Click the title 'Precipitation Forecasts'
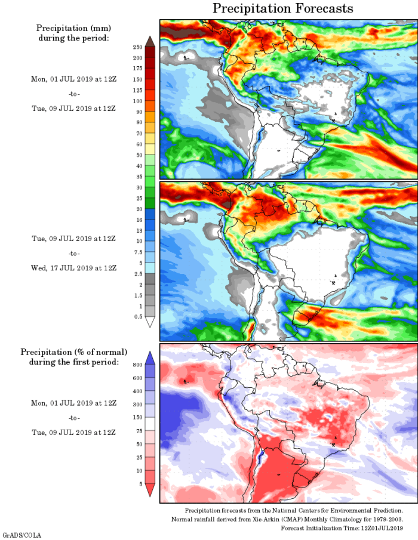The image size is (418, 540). (283, 8)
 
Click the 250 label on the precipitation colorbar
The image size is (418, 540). (137, 47)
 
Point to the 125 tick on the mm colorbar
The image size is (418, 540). (137, 90)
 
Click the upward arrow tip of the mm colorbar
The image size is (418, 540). (150, 39)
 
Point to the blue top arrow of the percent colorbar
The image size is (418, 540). (150, 356)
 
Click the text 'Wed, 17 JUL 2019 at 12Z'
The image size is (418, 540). (73, 268)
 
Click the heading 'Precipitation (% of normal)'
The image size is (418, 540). (73, 352)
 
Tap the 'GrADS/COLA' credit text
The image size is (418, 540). (22, 535)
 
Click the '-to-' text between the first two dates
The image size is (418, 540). (73, 94)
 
